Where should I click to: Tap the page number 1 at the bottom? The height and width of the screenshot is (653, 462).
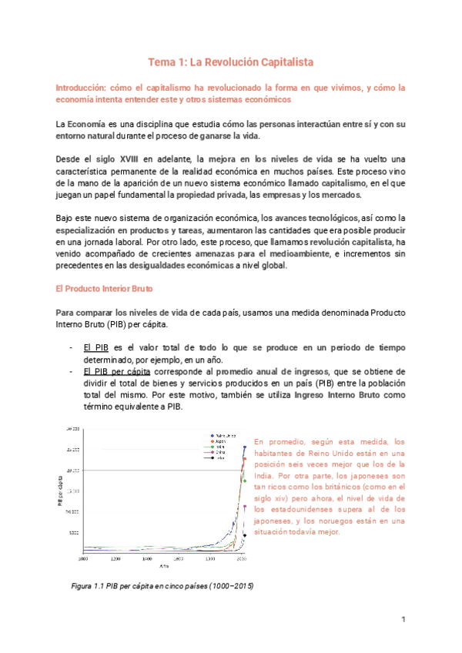(x=403, y=619)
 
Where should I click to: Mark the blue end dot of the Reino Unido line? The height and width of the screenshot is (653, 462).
(x=245, y=447)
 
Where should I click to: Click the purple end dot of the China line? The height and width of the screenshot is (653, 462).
(x=245, y=507)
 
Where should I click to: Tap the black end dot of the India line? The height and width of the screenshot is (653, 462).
(x=245, y=535)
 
